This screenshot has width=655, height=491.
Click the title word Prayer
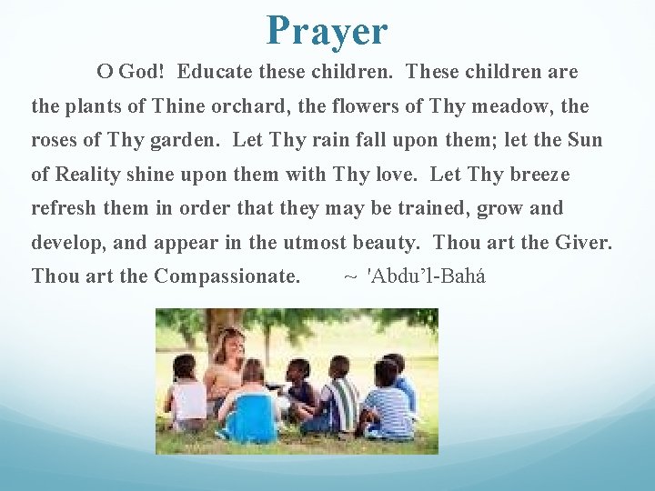click(327, 30)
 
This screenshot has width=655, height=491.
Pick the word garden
click(186, 140)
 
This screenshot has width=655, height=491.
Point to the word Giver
click(588, 243)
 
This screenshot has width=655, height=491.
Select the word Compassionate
click(227, 276)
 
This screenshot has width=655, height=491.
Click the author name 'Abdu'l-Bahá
click(425, 276)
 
